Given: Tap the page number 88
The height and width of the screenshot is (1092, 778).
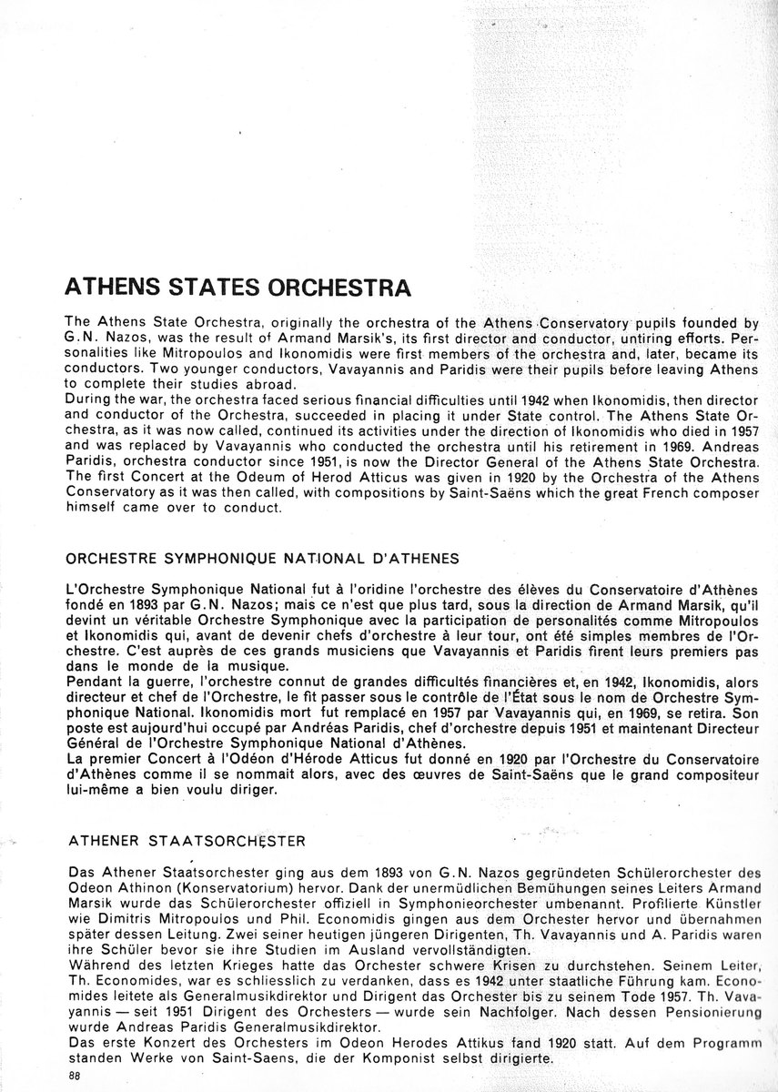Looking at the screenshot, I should click(75, 1076).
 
